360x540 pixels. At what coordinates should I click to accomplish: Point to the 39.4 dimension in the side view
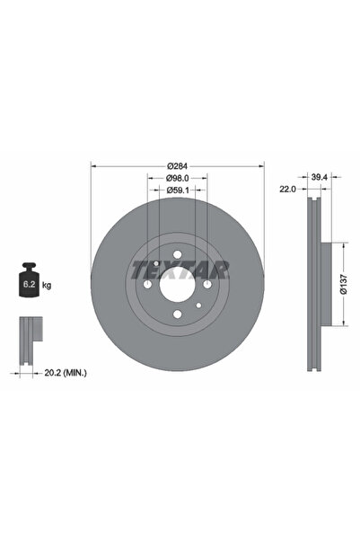point(319,179)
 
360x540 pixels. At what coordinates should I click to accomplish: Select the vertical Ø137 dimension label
point(344,286)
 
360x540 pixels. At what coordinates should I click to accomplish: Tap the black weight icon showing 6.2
point(29,283)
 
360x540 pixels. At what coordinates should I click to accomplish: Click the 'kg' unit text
point(47,285)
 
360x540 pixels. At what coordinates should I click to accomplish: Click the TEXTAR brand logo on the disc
point(180,269)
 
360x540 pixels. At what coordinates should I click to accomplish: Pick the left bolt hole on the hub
point(148,285)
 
